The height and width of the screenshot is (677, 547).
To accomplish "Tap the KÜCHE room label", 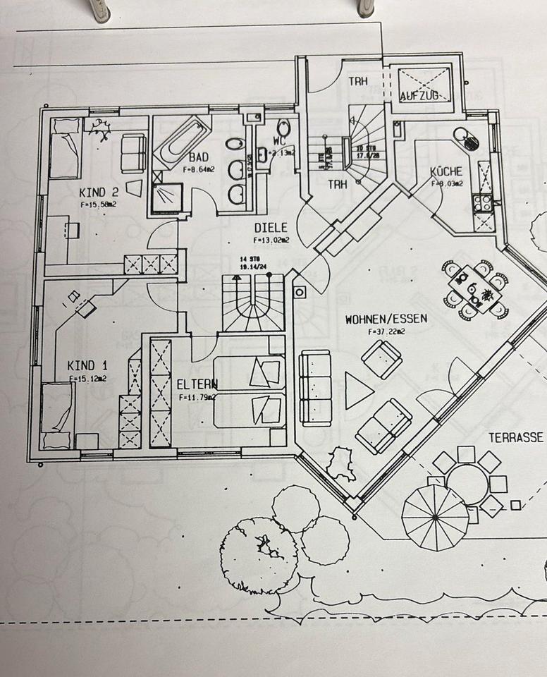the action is (447, 171).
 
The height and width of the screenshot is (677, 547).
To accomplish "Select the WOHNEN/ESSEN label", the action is (386, 319).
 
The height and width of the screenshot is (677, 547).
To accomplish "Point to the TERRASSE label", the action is (516, 438).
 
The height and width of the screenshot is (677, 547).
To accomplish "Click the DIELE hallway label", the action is (271, 228).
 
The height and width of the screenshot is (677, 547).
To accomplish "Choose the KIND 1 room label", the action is (87, 365).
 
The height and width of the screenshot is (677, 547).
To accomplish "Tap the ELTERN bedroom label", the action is (197, 384).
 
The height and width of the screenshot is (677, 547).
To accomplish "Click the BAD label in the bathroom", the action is (197, 157).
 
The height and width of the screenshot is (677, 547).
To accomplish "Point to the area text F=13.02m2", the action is (271, 239).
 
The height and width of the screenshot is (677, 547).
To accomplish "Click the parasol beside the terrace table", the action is (435, 517).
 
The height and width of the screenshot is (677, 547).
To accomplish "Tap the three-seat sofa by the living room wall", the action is (314, 387).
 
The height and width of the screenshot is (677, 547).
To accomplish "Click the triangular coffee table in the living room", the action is (357, 390).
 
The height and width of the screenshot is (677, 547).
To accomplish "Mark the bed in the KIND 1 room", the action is (58, 415).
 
